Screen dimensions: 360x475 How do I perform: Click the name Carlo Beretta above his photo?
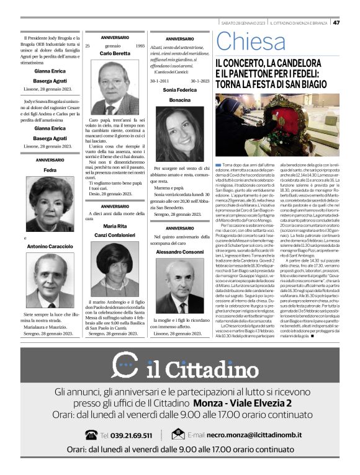115,53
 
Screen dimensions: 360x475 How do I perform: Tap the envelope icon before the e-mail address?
178,435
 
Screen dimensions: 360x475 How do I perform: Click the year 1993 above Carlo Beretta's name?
140,46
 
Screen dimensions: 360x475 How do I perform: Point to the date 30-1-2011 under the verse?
160,81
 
